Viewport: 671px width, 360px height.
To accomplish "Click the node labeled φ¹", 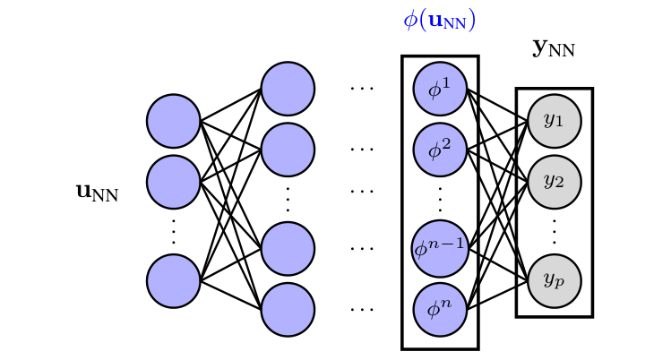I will (440, 89).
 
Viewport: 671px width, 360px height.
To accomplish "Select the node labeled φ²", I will (440, 150).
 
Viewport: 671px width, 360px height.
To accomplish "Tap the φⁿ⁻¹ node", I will (440, 247).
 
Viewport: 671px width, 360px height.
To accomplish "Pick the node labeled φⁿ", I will (440, 309).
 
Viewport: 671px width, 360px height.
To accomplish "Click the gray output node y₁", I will (555, 120).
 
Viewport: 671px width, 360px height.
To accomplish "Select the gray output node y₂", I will (555, 181).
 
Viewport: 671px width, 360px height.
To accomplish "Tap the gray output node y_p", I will (555, 279).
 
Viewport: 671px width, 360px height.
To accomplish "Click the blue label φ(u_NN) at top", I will (439, 21).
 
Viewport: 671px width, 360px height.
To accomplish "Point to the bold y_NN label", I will (554, 48).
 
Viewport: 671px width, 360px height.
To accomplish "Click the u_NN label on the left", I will (97, 191).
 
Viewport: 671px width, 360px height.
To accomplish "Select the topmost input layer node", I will (173, 121).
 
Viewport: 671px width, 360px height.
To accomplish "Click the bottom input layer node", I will (173, 280).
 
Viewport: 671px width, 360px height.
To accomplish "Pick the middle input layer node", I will (173, 182).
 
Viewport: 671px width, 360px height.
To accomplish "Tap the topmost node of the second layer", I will (288, 89).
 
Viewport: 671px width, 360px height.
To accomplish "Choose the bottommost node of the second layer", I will (288, 309).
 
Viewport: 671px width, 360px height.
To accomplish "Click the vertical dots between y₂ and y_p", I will (555, 230).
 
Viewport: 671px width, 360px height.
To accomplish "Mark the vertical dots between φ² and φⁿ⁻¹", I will (440, 198).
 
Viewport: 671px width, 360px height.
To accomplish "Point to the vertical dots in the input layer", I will (173, 231).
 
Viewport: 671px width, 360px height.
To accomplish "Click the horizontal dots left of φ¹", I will (362, 90).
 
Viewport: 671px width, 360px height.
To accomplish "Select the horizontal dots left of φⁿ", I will (362, 310).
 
